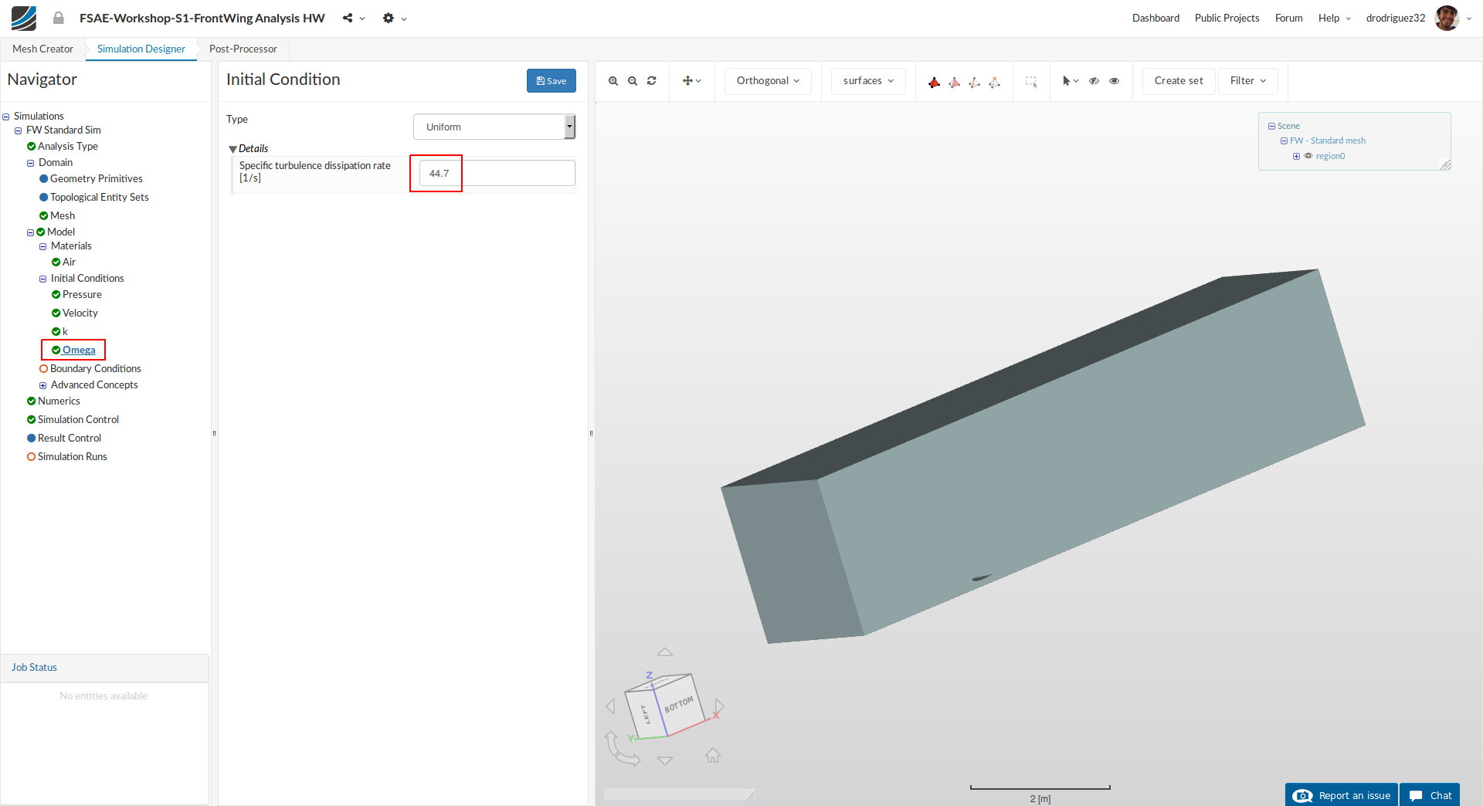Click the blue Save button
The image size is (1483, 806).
coord(551,80)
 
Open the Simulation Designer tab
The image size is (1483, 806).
coord(141,49)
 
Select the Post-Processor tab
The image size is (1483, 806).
coord(243,49)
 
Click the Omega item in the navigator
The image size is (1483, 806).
coord(79,350)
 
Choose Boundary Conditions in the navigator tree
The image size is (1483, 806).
coord(95,368)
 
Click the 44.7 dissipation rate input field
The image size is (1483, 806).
coord(497,173)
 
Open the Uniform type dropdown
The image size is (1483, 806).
coord(494,127)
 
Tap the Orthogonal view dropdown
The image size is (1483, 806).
coord(768,80)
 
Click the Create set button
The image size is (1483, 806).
coord(1179,80)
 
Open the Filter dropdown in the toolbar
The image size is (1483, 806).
coord(1247,80)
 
